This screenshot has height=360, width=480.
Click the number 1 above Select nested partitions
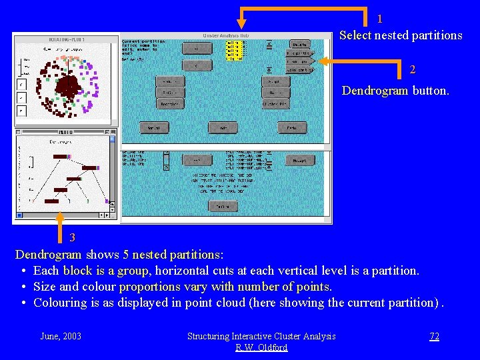379,19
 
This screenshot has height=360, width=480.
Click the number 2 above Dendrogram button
413,70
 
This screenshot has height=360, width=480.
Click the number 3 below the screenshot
72,237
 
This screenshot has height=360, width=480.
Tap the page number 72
434,336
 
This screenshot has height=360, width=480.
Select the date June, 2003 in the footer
61,336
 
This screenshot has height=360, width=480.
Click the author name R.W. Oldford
261,347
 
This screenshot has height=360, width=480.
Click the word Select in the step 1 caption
355,35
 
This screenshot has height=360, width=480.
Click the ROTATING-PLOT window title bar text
64,39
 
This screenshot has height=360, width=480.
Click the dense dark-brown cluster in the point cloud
67,85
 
